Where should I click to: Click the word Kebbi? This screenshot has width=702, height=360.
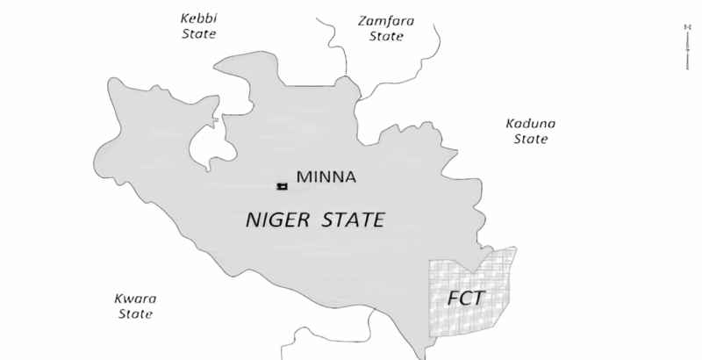pos(197,18)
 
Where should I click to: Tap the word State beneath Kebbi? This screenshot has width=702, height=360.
pos(197,33)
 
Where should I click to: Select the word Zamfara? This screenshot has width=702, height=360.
pos(386,19)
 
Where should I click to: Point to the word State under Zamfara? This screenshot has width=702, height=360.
pos(386,37)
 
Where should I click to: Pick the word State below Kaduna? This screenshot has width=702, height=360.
pos(531,139)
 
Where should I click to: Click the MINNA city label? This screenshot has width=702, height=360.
pos(326,177)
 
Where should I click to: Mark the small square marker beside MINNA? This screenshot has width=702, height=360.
pos(282,186)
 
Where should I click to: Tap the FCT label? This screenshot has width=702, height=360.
pos(465,297)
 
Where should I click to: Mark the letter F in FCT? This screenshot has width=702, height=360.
pos(453,297)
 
